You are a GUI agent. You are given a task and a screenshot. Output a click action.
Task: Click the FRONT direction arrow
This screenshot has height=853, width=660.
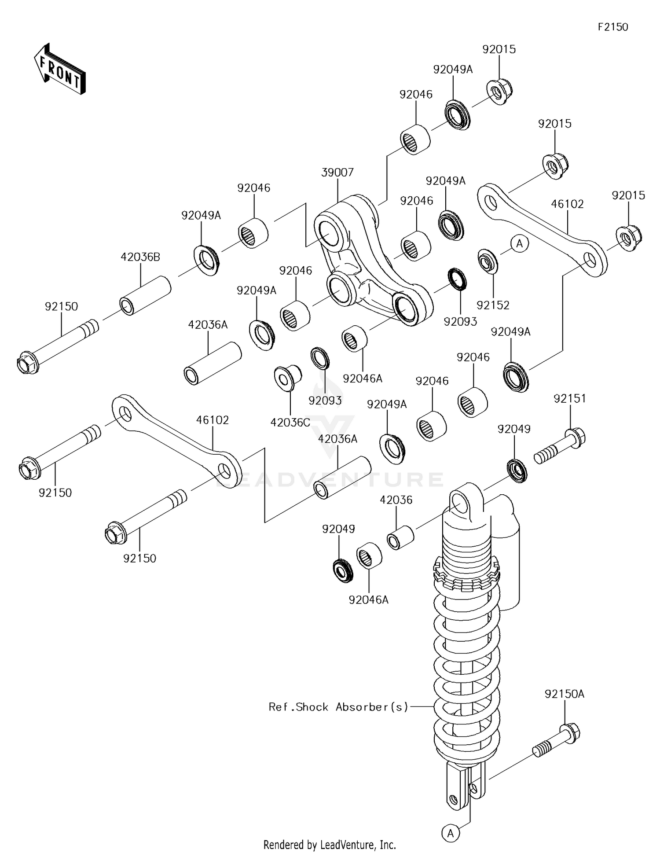coord(60,69)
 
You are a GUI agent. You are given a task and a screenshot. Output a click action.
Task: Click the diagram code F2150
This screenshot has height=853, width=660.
coord(612,27)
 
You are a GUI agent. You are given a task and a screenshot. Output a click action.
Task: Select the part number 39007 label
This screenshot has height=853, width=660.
coord(337,173)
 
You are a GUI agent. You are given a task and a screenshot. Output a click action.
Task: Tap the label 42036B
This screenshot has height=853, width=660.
coord(140,257)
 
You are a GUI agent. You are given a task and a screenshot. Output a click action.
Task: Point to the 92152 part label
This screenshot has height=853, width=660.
coord(493,305)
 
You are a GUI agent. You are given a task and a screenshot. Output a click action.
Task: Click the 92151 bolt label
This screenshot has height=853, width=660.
coord(570,399)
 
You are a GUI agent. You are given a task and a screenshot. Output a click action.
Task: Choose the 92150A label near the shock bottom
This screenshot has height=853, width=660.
coord(564,694)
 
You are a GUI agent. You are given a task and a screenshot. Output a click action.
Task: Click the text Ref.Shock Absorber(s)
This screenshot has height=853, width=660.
coord(338,707)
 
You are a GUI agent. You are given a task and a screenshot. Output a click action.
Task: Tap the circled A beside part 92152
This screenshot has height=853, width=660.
coord(519,243)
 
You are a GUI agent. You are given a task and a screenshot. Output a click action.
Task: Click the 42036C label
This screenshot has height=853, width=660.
coord(290,423)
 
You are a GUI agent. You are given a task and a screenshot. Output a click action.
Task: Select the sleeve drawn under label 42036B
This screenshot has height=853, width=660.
coord(145,295)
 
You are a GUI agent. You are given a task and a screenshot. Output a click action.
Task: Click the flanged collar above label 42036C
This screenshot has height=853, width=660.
coord(287,378)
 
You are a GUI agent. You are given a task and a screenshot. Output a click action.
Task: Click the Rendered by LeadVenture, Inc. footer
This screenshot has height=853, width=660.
coord(330,845)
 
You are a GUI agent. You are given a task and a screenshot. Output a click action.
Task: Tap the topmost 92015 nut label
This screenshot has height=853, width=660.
coord(499,49)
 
